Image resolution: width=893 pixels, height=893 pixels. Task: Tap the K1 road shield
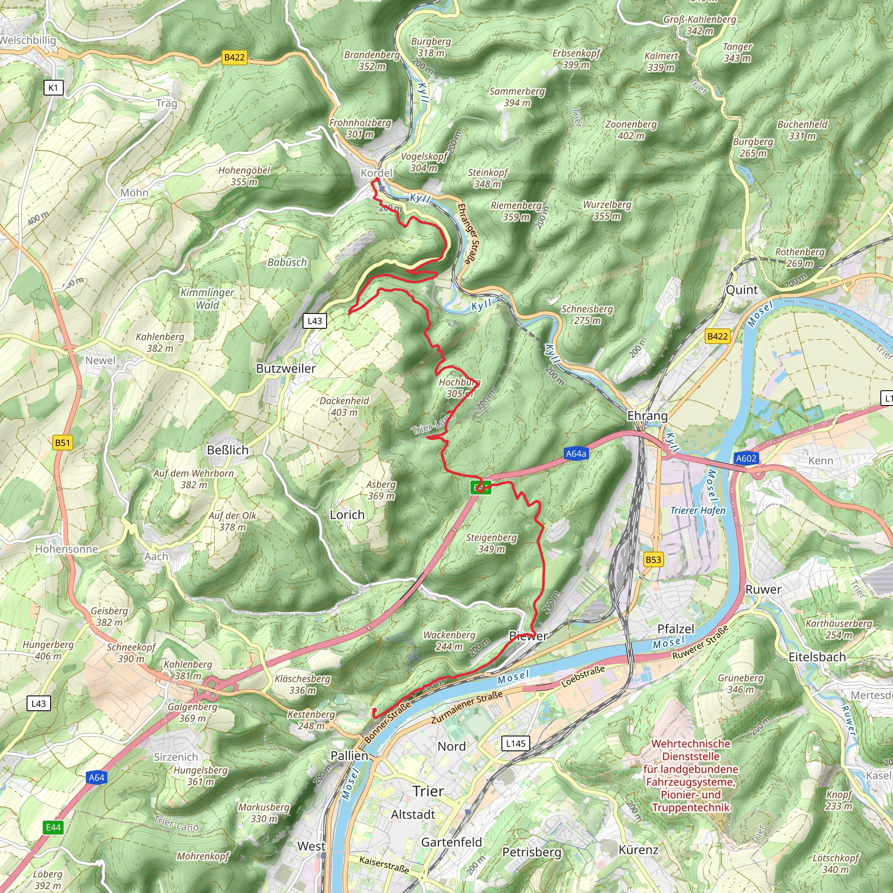(53, 88)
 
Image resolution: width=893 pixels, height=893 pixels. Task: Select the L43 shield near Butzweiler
(315, 321)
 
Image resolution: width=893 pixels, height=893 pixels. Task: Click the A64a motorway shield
(576, 453)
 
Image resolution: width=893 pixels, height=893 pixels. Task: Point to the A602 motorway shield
(746, 459)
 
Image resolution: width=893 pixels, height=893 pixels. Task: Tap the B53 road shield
(653, 560)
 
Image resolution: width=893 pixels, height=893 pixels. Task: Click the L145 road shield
(515, 743)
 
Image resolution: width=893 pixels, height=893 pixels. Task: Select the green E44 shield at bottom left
(53, 827)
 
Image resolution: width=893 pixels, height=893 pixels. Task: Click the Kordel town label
(376, 172)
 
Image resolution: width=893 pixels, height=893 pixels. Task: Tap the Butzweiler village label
(286, 368)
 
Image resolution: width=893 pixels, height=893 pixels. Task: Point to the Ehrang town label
(647, 416)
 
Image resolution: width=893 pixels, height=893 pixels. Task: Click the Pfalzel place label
(676, 629)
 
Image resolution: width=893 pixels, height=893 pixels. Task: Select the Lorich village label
(347, 515)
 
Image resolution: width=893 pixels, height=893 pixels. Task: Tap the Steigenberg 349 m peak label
(491, 543)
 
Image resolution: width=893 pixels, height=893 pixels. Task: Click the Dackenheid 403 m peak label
(344, 406)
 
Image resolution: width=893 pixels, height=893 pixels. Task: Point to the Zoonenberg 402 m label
(631, 130)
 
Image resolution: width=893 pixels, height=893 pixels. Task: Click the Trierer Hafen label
(698, 510)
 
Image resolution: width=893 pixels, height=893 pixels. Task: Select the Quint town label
(742, 290)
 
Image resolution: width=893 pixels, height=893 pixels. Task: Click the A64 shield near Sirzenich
(97, 777)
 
